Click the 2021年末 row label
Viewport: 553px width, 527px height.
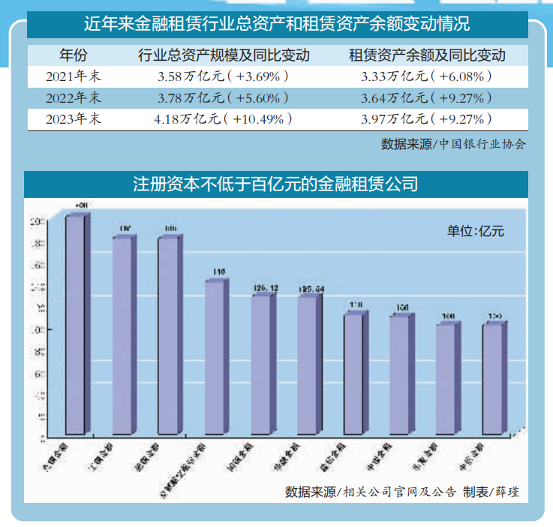[73, 76]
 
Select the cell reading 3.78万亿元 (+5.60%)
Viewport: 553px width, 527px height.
[223, 98]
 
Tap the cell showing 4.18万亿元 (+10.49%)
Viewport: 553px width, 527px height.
[223, 119]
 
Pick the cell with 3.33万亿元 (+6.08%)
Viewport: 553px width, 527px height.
[426, 76]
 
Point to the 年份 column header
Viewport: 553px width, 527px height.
[73, 55]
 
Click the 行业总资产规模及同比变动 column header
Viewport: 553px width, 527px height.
[224, 55]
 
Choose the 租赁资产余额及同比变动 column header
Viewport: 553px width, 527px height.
[427, 55]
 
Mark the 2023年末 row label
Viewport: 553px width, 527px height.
[73, 119]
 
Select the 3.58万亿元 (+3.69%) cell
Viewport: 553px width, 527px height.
[223, 76]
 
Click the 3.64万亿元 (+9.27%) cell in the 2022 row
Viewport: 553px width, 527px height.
[426, 98]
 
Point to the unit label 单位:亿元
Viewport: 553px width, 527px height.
[476, 231]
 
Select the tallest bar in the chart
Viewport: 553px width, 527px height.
[75, 322]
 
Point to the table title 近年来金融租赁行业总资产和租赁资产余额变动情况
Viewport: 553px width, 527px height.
[276, 24]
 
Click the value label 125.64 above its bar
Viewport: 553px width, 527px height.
[310, 289]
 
